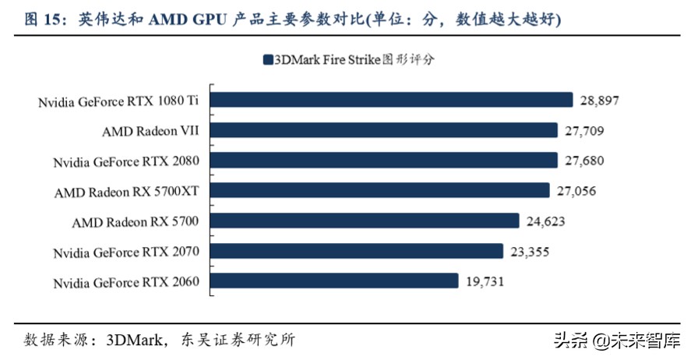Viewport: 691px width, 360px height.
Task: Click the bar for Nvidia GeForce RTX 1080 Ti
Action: point(392,100)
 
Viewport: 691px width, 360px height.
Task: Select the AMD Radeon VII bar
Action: point(384,130)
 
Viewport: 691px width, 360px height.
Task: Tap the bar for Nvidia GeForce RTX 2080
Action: point(384,161)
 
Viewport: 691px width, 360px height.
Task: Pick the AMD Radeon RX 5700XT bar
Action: point(380,190)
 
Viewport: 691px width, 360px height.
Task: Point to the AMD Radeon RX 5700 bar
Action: point(365,221)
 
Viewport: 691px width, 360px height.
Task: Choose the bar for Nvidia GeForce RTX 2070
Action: point(357,251)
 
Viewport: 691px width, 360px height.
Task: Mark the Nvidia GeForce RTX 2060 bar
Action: point(333,281)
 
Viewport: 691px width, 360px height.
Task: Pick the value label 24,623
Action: point(545,221)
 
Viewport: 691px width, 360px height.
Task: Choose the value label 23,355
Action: point(529,252)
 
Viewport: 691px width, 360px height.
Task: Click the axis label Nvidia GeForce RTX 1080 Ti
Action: point(118,101)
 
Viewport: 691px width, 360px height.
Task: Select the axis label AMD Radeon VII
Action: point(150,131)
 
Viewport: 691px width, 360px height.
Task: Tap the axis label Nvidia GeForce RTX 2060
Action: point(126,282)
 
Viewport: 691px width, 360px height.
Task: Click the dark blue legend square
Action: point(267,59)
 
